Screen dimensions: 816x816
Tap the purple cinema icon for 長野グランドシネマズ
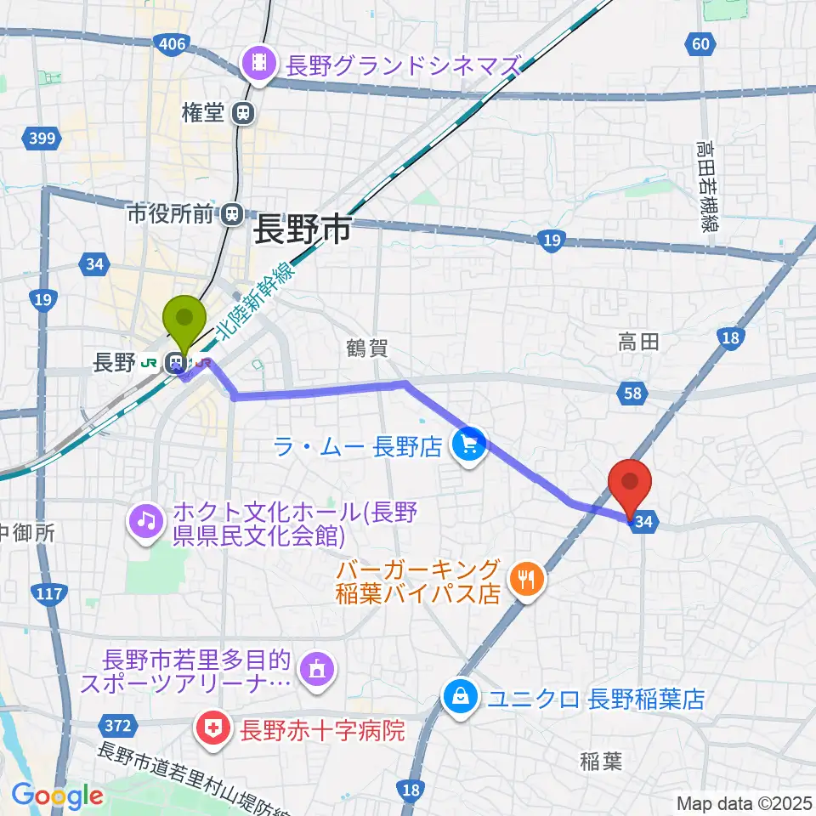[x=258, y=62]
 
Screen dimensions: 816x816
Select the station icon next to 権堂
[x=243, y=112]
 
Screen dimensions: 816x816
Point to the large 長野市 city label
[x=303, y=229]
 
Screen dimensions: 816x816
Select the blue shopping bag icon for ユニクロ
[x=459, y=699]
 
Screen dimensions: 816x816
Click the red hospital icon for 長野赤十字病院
[x=209, y=729]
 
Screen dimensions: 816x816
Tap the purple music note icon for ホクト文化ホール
[x=146, y=518]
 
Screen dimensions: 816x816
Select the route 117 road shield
[x=50, y=592]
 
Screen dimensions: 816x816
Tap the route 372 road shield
[x=120, y=725]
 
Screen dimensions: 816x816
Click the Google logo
[x=57, y=796]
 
